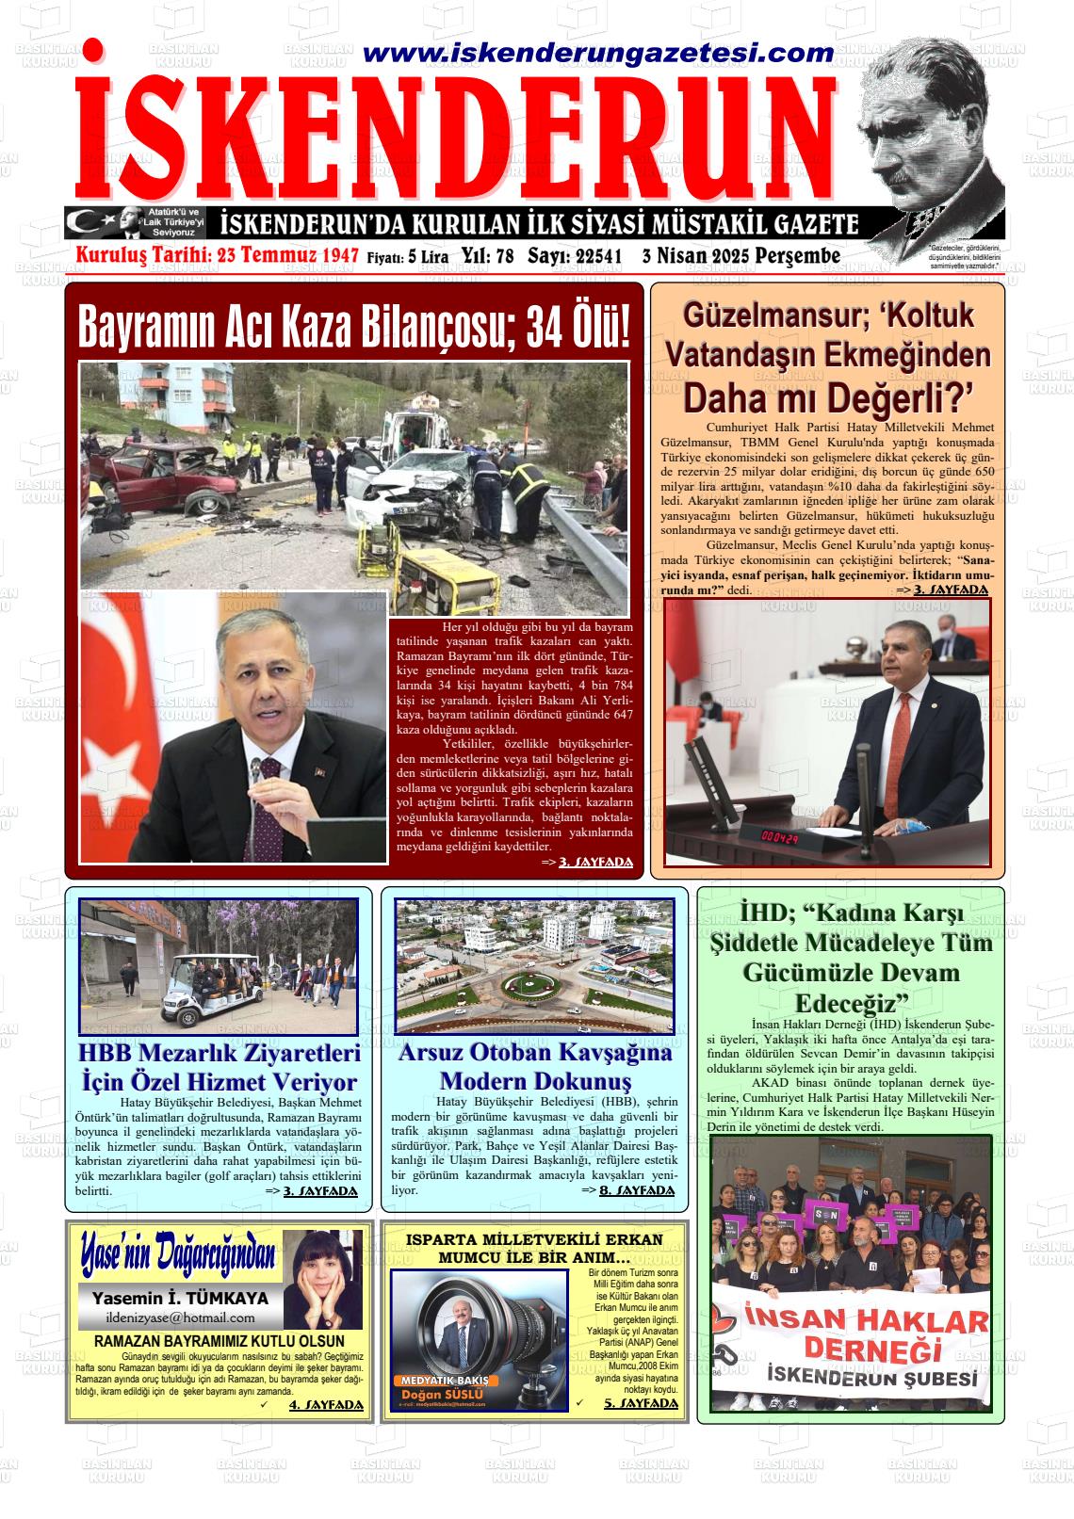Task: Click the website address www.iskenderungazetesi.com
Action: click(x=597, y=54)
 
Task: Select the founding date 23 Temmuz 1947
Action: click(x=286, y=256)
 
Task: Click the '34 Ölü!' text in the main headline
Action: click(x=572, y=327)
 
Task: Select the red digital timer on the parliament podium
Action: click(x=781, y=836)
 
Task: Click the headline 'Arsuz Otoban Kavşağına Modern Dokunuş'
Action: click(x=534, y=1066)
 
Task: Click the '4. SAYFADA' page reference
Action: click(x=325, y=1405)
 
